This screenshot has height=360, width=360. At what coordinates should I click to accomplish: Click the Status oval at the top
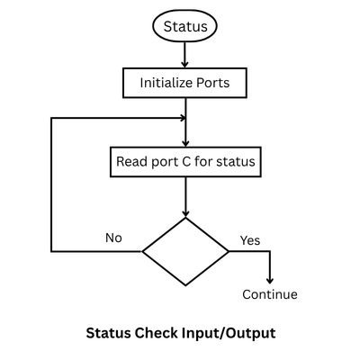click(x=184, y=26)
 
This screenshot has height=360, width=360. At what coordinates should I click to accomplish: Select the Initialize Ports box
click(x=184, y=82)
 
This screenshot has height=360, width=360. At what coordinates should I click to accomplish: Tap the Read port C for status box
click(x=184, y=163)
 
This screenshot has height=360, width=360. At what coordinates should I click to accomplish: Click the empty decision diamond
click(x=185, y=251)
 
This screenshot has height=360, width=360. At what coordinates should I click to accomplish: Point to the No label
click(x=113, y=238)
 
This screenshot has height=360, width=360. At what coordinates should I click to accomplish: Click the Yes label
click(x=250, y=240)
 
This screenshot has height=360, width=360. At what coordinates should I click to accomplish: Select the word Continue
click(x=270, y=294)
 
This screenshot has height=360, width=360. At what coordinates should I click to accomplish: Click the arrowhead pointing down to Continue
click(x=270, y=280)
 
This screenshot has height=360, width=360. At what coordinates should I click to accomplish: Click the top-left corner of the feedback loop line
click(x=51, y=118)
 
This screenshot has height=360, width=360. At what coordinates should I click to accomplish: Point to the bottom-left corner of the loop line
click(x=51, y=251)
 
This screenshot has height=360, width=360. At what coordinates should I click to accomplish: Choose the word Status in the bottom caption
click(x=108, y=332)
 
